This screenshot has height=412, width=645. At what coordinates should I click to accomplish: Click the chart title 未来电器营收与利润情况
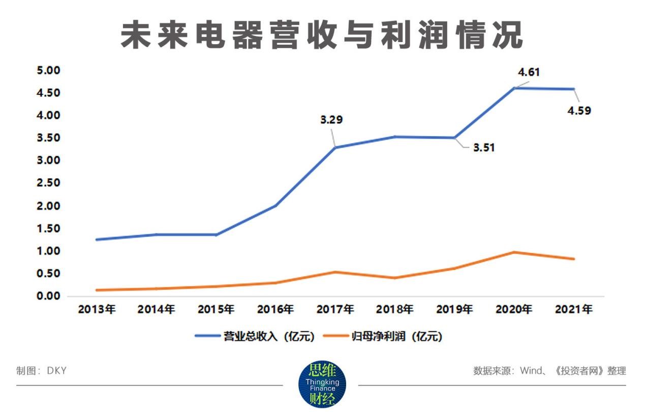pyautogui.click(x=322, y=36)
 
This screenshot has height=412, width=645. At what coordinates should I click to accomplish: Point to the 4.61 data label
pyautogui.click(x=529, y=72)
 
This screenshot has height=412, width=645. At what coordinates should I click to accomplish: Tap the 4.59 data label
pyautogui.click(x=579, y=110)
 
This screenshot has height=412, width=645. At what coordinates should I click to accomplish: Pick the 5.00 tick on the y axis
pyautogui.click(x=48, y=70)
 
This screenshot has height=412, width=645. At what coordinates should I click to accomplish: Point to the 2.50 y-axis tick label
pyautogui.click(x=48, y=183)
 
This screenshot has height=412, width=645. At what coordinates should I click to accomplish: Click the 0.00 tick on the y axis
pyautogui.click(x=48, y=296)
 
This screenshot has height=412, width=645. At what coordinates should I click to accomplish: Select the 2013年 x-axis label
pyautogui.click(x=97, y=309)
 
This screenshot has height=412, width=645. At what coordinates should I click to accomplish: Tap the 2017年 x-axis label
pyautogui.click(x=335, y=309)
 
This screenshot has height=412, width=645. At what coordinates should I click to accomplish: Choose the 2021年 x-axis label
pyautogui.click(x=573, y=309)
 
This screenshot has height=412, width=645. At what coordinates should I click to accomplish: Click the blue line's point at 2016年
pyautogui.click(x=275, y=205)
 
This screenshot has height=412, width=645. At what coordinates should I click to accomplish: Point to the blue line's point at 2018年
pyautogui.click(x=395, y=136)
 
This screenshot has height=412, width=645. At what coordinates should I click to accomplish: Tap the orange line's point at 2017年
pyautogui.click(x=335, y=272)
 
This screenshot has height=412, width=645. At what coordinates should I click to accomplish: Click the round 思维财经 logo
pyautogui.click(x=322, y=385)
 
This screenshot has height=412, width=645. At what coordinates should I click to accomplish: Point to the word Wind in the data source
pyautogui.click(x=531, y=371)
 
